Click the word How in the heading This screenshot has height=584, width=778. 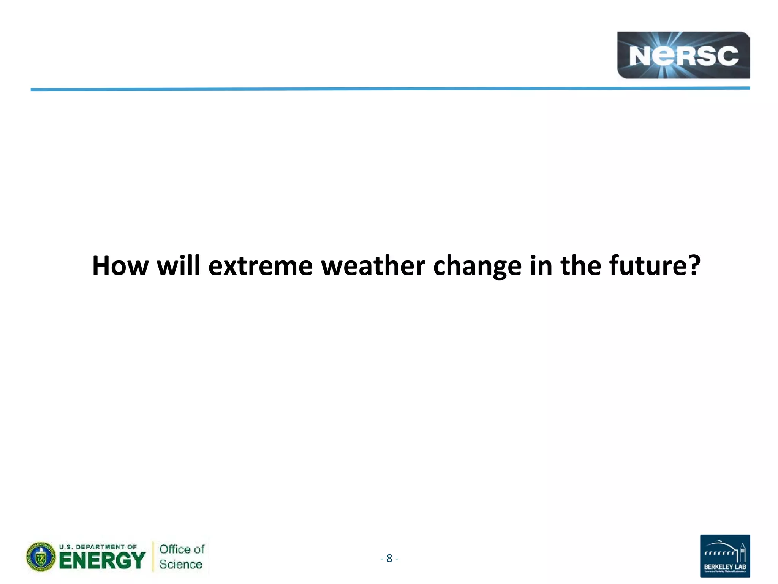[x=120, y=266]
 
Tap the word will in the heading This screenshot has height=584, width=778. [x=178, y=266]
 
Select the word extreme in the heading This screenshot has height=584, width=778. [x=260, y=266]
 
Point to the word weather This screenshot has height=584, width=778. [x=373, y=266]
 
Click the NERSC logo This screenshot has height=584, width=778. [x=683, y=56]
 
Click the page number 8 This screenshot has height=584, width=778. [x=389, y=558]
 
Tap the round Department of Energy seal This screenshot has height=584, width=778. [x=41, y=557]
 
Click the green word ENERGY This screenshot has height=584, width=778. [x=102, y=561]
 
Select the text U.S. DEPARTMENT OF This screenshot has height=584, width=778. [x=98, y=547]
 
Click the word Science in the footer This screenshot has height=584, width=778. [x=180, y=565]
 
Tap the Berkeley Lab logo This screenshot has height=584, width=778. [x=725, y=556]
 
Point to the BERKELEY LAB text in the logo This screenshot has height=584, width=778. [x=725, y=567]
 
